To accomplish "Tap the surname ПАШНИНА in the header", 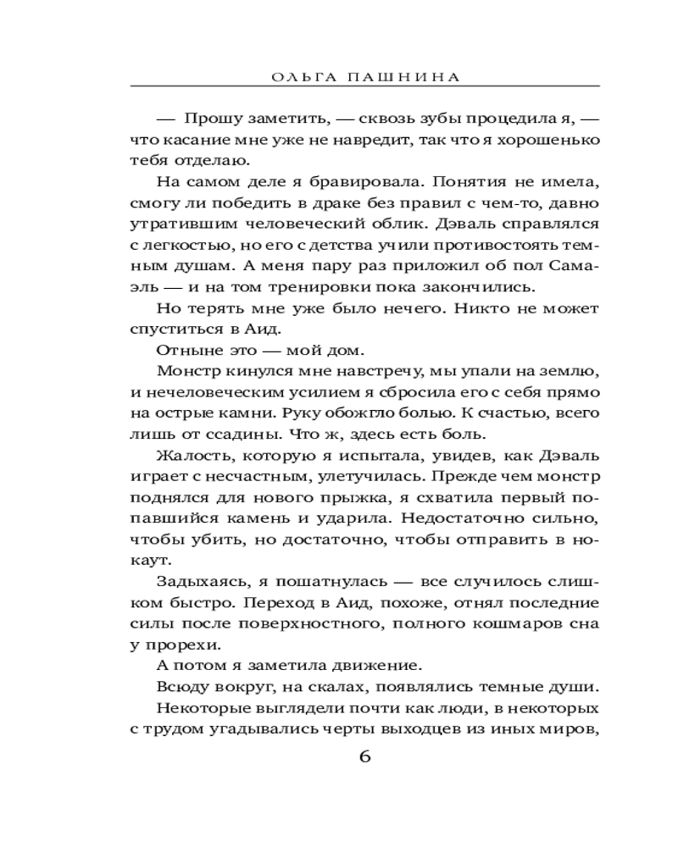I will click(396, 76).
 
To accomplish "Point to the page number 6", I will click(365, 756).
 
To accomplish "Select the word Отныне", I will click(182, 348).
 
